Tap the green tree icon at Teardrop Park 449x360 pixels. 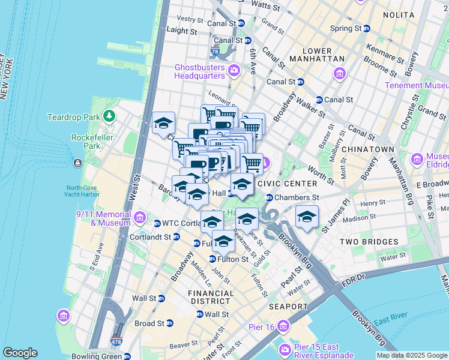click(x=109, y=115)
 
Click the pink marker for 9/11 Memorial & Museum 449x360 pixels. click(x=140, y=217)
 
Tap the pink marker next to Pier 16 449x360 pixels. click(x=283, y=326)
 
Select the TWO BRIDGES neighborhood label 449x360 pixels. click(x=369, y=242)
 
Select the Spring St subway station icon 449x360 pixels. click(x=366, y=28)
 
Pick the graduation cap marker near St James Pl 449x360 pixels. click(x=307, y=216)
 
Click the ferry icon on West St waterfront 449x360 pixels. click(x=77, y=163)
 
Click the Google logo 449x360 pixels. click(x=20, y=353)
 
